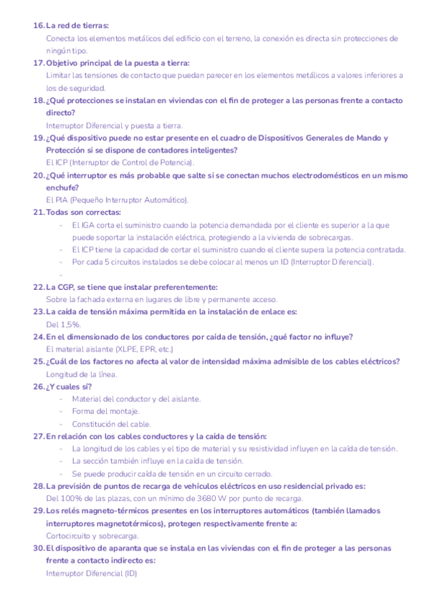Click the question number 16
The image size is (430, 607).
click(x=39, y=26)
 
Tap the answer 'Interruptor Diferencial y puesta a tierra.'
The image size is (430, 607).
click(x=114, y=125)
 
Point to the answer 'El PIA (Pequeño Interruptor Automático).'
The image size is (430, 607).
click(x=117, y=200)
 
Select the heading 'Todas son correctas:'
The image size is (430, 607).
click(x=83, y=213)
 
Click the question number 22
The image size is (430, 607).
click(x=39, y=287)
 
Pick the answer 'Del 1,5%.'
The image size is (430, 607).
click(x=63, y=324)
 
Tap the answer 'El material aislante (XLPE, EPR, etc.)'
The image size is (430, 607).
click(x=110, y=349)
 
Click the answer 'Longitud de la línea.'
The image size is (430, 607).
click(x=82, y=374)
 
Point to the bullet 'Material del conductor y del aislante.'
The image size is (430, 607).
click(x=136, y=399)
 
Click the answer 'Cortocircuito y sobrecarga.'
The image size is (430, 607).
click(x=92, y=535)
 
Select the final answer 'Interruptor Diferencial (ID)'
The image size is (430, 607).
click(x=91, y=573)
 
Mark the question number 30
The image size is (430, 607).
click(x=39, y=548)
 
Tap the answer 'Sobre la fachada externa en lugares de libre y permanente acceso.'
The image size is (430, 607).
click(x=161, y=299)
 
